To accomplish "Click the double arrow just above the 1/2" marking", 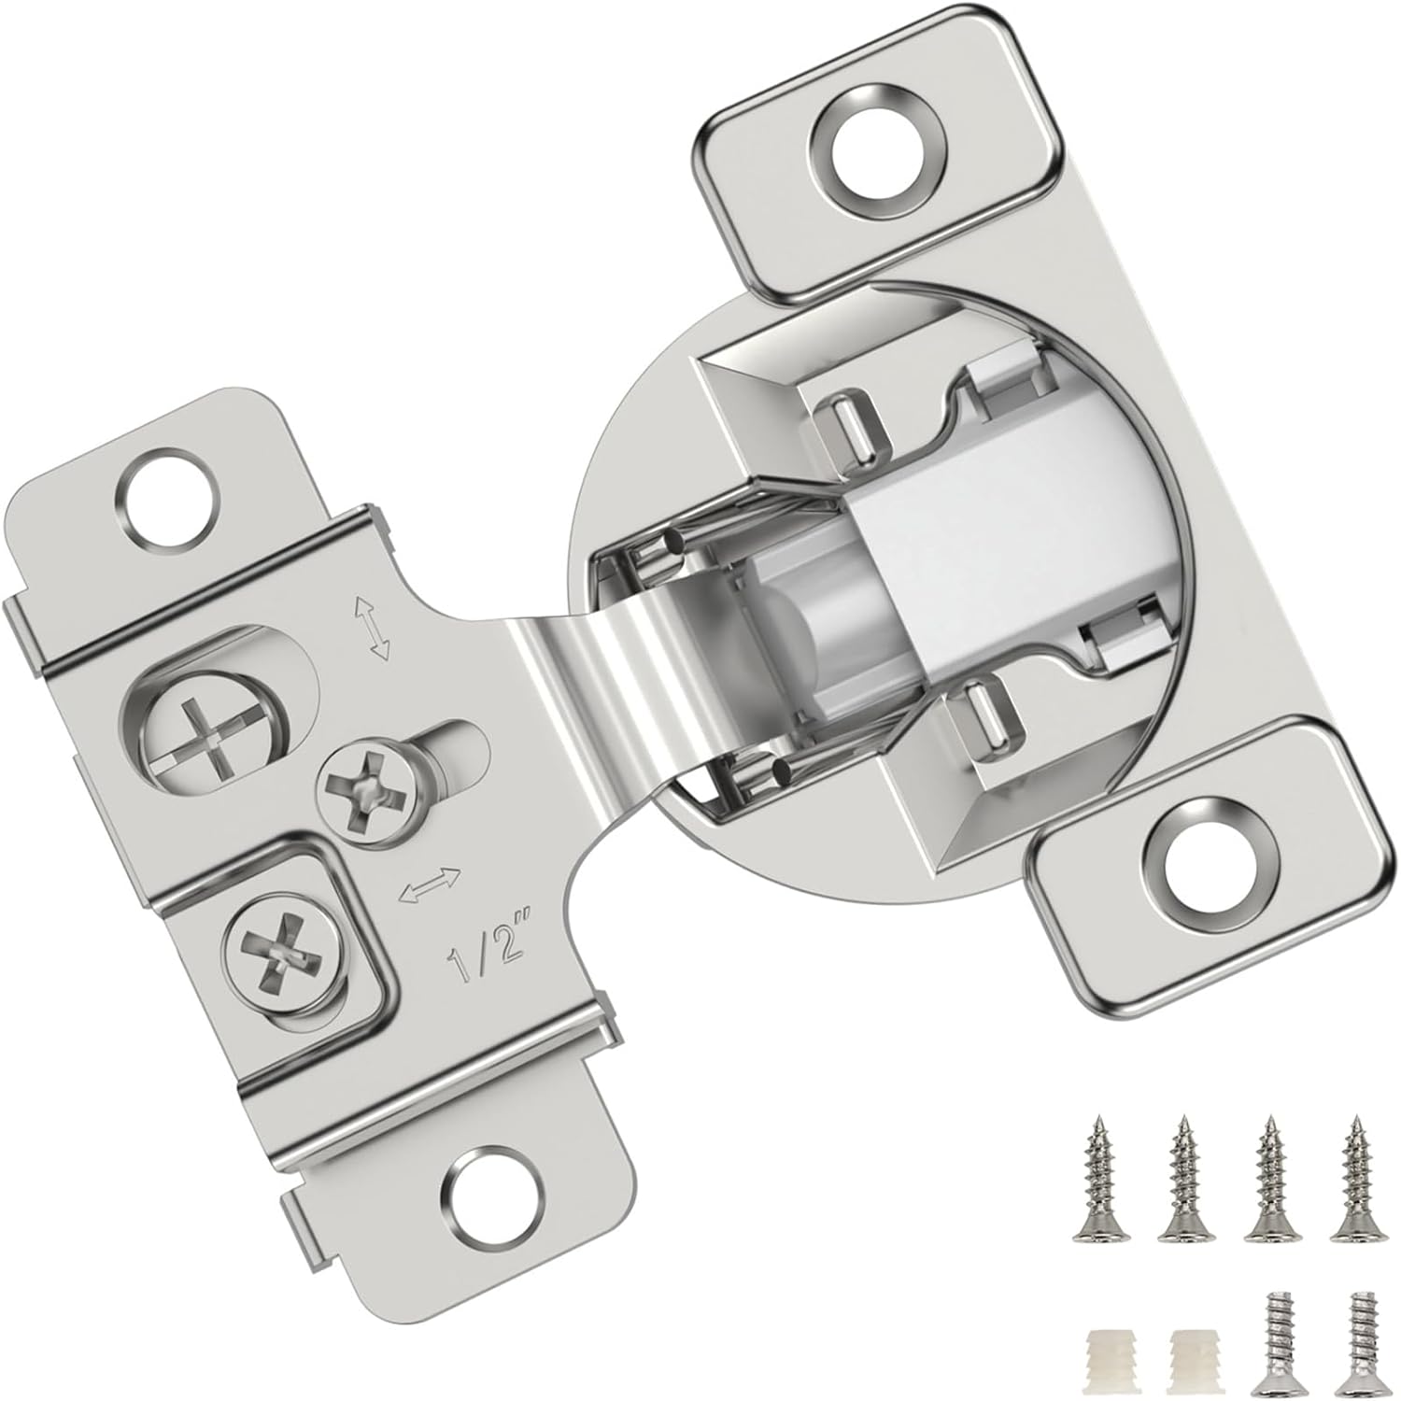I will (x=430, y=884).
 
